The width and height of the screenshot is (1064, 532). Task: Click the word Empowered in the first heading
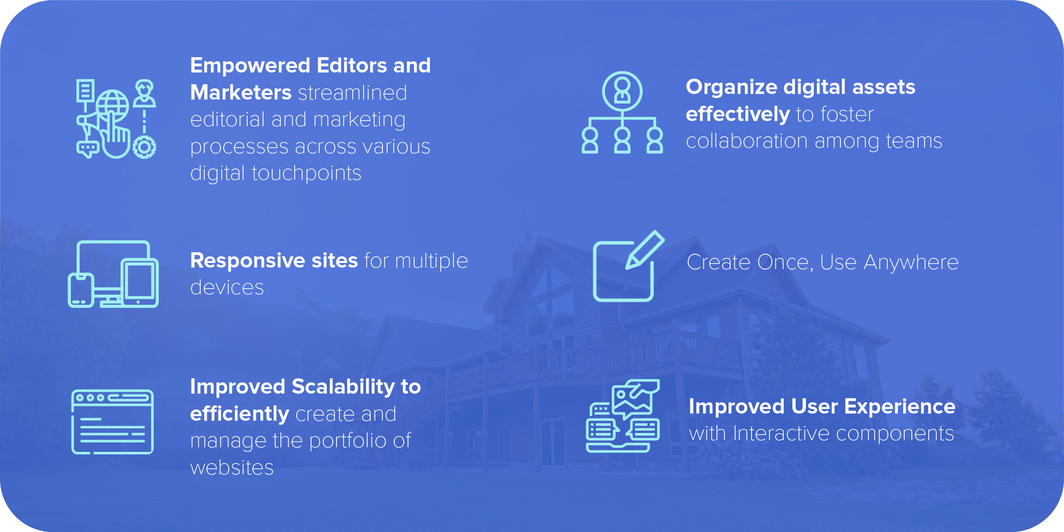(x=250, y=66)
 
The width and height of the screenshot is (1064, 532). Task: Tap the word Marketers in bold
(x=241, y=92)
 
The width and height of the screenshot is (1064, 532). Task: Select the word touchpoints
(x=306, y=174)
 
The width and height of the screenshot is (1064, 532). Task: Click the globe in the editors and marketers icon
(x=113, y=106)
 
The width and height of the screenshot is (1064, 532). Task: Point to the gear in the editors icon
(x=144, y=147)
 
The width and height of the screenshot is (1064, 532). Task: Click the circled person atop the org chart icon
(x=622, y=91)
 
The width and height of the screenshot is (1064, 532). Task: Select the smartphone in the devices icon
(x=81, y=291)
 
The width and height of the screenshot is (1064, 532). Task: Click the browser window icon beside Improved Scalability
(x=112, y=422)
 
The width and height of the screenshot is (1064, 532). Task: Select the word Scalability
(x=343, y=387)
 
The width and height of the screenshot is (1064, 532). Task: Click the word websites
(x=232, y=468)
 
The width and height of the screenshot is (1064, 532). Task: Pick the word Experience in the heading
(x=900, y=407)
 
